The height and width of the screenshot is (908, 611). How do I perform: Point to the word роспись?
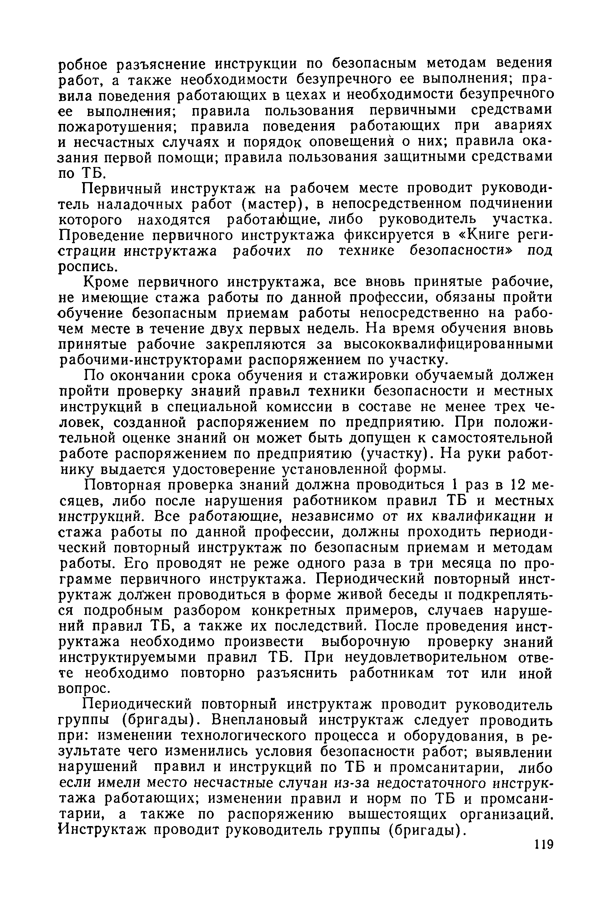pyautogui.click(x=83, y=267)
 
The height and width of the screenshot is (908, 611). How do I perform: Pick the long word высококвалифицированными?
pyautogui.click(x=448, y=345)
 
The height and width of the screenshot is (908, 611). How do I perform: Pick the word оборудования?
pyautogui.click(x=458, y=736)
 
